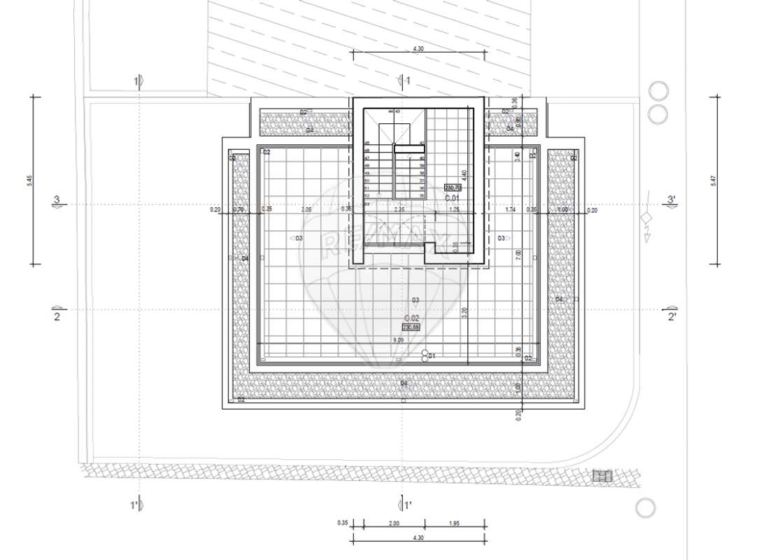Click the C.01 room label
coord(452,197)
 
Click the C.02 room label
coord(411,318)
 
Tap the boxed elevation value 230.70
coord(453,188)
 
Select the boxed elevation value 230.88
coord(411,327)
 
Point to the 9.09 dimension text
coord(399,340)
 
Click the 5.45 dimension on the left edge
coord(29,180)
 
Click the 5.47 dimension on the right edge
coord(713,180)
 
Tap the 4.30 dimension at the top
coord(418,49)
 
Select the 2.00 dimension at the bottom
coord(394,524)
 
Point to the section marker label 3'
coord(671,200)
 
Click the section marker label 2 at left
coord(57,317)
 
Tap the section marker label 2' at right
coord(671,317)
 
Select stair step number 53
coord(367,204)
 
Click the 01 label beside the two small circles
coord(432,356)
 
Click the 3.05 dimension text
coord(306,209)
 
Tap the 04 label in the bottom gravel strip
coord(404,383)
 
